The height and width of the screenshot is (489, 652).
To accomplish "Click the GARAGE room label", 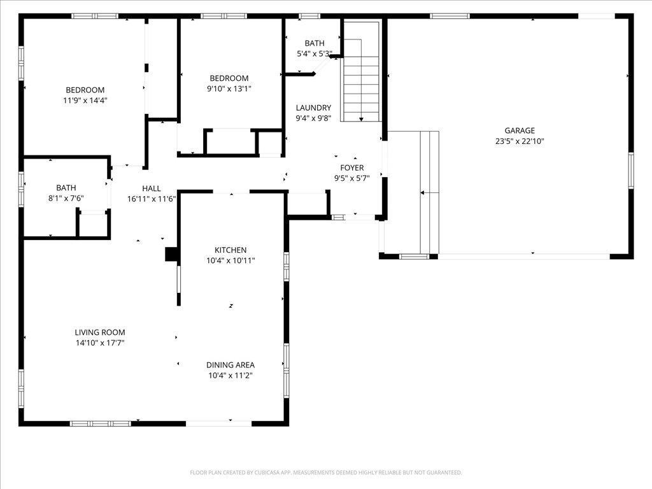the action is [520, 131].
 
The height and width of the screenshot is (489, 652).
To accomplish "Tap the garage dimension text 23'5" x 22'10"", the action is [520, 141].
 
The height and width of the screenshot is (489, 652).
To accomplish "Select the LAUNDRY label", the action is [313, 108].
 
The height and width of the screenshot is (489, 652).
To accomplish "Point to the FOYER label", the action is [351, 167].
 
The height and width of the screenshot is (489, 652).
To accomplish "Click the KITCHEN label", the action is [230, 250].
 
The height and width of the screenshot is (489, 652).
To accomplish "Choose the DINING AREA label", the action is [230, 365].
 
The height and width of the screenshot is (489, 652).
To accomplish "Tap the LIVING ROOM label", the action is [100, 332].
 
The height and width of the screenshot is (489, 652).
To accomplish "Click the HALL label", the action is [152, 188].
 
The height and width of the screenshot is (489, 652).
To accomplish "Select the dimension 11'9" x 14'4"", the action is [85, 100].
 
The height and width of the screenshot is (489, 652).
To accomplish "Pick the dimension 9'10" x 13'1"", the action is [229, 89].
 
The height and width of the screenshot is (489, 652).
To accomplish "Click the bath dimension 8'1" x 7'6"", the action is [66, 199].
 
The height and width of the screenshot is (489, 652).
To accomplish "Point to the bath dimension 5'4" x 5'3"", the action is [315, 53].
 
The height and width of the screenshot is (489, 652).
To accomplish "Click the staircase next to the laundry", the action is [361, 71].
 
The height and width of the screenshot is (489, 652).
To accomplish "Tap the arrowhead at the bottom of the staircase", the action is [362, 119].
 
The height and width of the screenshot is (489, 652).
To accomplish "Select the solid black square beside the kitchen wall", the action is [171, 254].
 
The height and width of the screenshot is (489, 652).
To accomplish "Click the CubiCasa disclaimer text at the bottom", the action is [325, 472].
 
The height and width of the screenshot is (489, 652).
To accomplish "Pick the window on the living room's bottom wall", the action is [100, 423].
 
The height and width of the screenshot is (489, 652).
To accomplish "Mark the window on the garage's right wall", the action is [631, 171].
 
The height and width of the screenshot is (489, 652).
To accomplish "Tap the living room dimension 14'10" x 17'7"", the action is [100, 343].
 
